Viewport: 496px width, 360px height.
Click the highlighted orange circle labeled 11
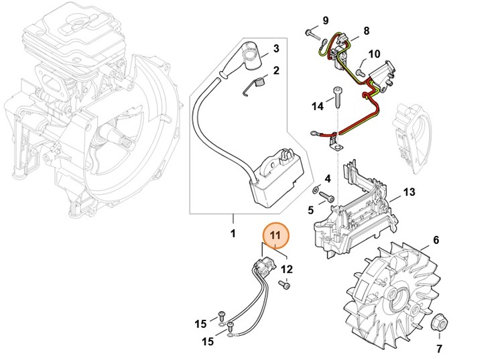coord(276,237)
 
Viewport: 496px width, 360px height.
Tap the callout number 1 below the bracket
coord(233,235)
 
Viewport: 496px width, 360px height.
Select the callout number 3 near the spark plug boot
coord(275,49)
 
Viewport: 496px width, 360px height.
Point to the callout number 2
coord(275,70)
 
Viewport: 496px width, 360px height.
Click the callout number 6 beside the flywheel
coord(436,240)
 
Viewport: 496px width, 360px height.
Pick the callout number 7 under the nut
coord(440,349)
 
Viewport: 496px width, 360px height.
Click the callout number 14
coord(318,106)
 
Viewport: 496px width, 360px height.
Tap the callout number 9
coord(326,19)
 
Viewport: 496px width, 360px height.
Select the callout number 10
coord(374,54)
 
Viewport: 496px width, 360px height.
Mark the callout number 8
coord(366,31)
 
